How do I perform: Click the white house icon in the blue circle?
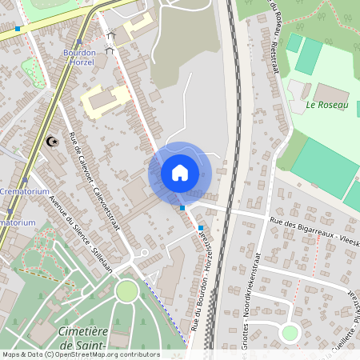click(180, 172)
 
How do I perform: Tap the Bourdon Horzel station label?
click(79, 58)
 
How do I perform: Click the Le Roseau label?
click(327, 105)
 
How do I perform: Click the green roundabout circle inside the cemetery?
click(126, 291)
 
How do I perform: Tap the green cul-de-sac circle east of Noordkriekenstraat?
click(290, 333)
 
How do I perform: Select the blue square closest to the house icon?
click(182, 207)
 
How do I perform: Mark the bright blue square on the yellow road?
click(18, 29)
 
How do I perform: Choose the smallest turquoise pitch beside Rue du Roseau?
click(294, 42)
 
